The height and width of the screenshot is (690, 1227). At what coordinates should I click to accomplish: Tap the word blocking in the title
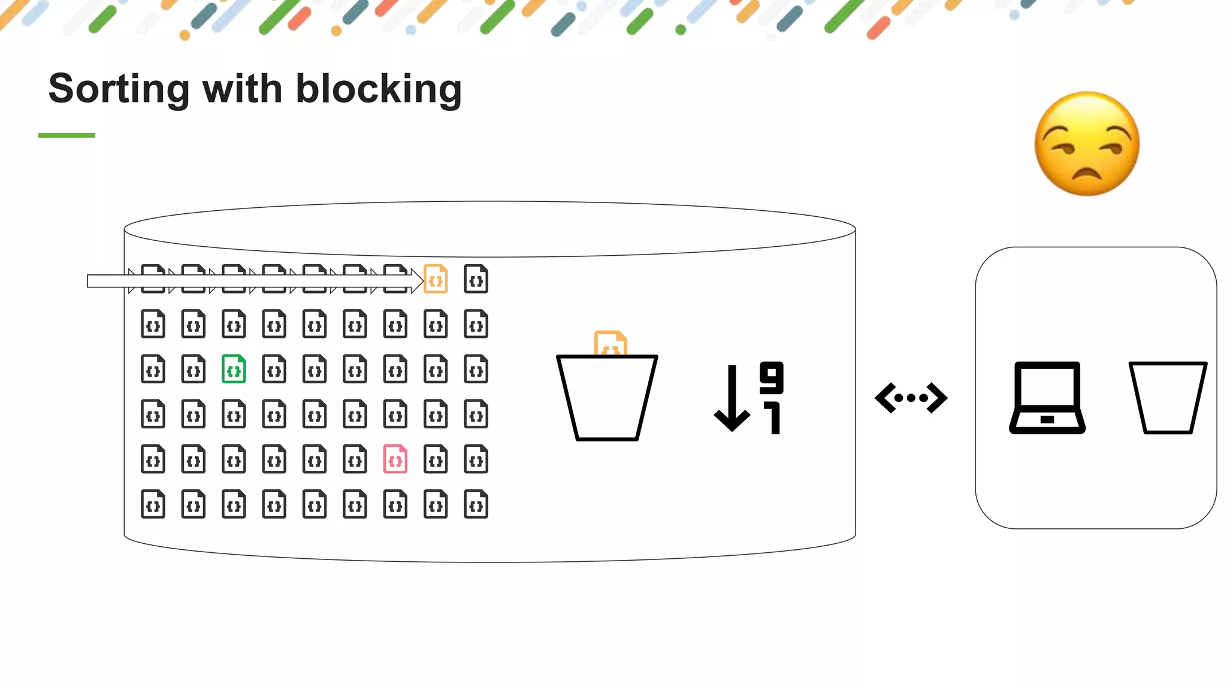coord(379,89)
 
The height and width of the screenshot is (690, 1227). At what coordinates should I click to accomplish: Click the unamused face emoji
coord(1087,144)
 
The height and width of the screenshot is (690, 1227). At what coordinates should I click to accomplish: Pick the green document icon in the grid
coord(234,369)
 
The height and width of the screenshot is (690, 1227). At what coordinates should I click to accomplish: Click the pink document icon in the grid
coord(395,459)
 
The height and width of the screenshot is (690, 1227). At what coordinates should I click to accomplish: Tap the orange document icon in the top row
coord(436,279)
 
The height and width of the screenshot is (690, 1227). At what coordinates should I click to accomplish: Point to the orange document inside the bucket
coord(610,343)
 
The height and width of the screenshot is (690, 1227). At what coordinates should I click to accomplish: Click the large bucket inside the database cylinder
coord(607,398)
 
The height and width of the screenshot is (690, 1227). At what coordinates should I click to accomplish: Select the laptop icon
coord(1047,398)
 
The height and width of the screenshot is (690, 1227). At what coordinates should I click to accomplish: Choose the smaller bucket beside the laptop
coord(1168,398)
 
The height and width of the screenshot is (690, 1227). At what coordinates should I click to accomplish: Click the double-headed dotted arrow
coord(911,398)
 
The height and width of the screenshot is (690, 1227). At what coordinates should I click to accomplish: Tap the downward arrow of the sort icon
coord(732,399)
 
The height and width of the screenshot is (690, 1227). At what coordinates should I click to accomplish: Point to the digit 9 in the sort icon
coord(772,377)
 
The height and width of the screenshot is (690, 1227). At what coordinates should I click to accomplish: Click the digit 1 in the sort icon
coord(773,418)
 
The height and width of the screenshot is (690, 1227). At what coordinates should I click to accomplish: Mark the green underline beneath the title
coord(67,135)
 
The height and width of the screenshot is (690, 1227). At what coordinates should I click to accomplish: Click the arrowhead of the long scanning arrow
coord(418,281)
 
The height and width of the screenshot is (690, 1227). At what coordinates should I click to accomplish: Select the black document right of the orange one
coord(476,279)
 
